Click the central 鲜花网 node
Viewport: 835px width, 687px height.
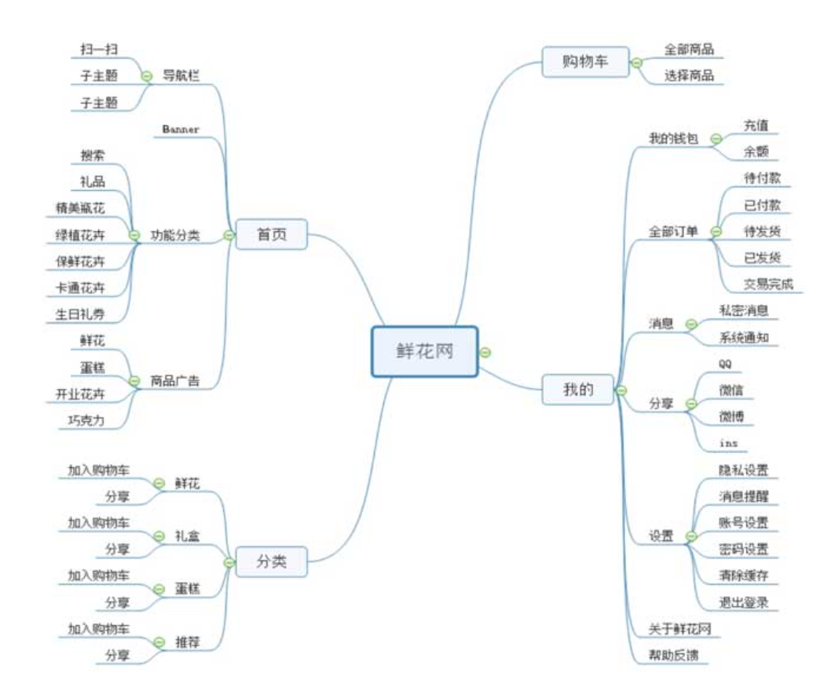click(424, 351)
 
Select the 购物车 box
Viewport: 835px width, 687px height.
click(585, 62)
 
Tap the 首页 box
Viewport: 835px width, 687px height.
click(272, 234)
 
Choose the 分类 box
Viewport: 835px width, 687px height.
click(272, 562)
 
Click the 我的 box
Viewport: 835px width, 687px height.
click(578, 389)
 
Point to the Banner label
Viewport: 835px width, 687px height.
click(181, 128)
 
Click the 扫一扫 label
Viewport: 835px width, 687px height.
click(99, 50)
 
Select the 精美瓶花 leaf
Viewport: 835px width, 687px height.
click(79, 208)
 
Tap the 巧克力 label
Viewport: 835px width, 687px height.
click(86, 420)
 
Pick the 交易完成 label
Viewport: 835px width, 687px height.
click(767, 284)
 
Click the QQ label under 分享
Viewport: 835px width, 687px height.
click(725, 363)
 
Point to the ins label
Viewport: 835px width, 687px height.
click(727, 443)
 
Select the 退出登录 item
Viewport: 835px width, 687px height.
click(743, 603)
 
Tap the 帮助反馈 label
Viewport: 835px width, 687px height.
click(673, 655)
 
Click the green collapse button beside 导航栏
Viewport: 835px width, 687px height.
click(146, 75)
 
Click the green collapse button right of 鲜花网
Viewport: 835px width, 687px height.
click(485, 352)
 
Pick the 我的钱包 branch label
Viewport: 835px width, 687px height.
click(672, 138)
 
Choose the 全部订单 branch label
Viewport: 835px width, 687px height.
click(672, 231)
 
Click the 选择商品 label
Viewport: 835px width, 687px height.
click(689, 76)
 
